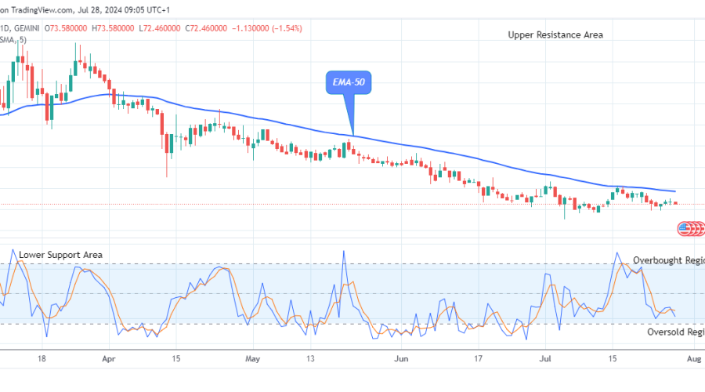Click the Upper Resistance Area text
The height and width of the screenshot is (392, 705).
(555, 34)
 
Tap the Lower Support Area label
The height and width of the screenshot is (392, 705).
(60, 255)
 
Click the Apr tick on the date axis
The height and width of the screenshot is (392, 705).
(108, 358)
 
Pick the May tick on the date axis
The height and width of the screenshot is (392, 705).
(252, 358)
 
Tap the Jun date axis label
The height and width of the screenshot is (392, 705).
(401, 358)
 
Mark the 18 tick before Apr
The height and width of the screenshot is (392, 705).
(45, 358)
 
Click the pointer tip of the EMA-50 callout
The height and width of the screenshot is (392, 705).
(354, 135)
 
